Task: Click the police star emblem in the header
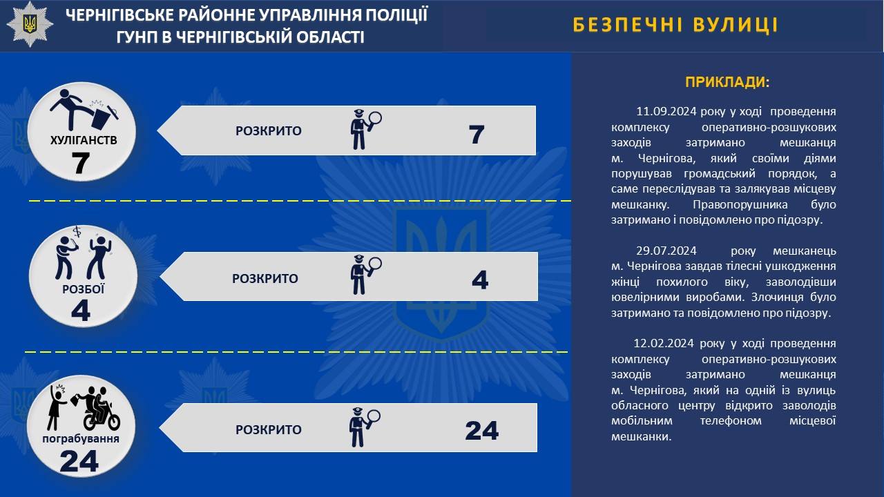30,24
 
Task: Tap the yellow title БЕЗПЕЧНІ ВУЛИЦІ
675,25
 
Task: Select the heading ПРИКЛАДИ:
727,82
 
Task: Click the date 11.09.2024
666,111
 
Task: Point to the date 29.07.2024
666,251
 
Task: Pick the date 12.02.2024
664,343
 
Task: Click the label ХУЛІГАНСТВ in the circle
84,140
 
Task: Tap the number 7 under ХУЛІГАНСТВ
81,163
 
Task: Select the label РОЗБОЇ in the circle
84,289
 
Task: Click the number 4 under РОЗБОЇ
81,311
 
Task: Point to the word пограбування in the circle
81,439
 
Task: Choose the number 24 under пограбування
79,461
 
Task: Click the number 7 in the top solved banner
477,135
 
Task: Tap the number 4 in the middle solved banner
480,280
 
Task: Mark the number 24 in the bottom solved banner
482,430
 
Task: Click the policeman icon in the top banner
366,129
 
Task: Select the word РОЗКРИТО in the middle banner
265,278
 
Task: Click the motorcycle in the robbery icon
102,418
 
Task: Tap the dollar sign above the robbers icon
77,231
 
